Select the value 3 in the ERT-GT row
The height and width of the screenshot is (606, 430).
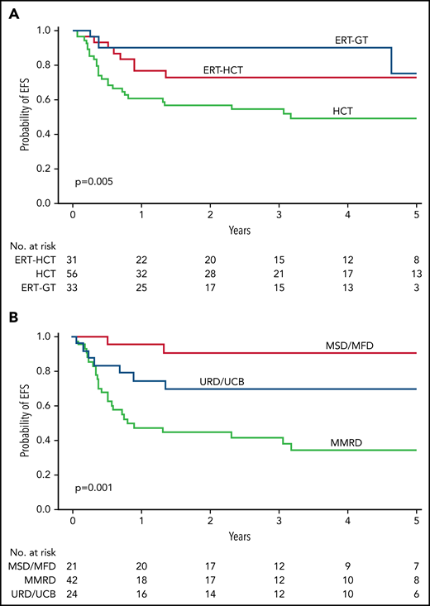(x=416, y=287)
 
